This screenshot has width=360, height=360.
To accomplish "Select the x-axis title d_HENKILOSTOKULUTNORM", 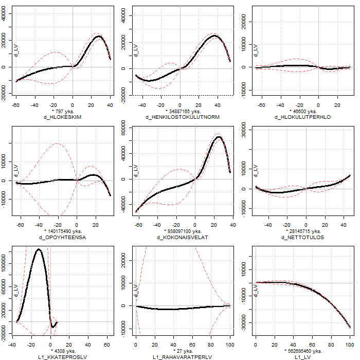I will [x=183, y=117].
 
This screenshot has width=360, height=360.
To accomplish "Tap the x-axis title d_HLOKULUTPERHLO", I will [x=302, y=117].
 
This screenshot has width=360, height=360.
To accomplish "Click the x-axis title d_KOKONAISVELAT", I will [x=183, y=237].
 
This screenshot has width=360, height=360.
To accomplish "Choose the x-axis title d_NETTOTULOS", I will [x=302, y=237].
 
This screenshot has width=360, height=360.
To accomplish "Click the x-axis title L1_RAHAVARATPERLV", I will [x=183, y=357].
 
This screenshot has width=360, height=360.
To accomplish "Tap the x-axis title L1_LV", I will [x=302, y=357].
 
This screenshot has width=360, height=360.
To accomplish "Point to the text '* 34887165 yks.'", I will [x=183, y=111].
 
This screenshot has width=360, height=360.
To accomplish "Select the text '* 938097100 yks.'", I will [x=183, y=231].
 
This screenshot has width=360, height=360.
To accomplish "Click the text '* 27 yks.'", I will [x=183, y=351].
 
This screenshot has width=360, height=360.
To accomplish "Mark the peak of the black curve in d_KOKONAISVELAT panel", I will [x=219, y=137].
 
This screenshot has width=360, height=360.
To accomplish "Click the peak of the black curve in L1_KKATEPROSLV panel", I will [x=38, y=249].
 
